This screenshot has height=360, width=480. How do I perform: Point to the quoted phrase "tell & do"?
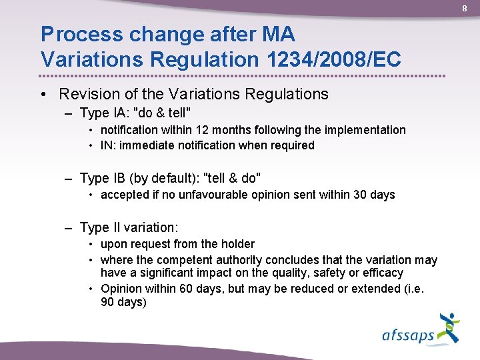(x=231, y=178)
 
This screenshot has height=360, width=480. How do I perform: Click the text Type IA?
(x=101, y=113)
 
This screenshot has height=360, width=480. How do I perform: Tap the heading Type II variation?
(x=129, y=227)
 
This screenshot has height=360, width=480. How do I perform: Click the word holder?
(x=238, y=244)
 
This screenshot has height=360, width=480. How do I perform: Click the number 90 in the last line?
(x=107, y=302)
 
